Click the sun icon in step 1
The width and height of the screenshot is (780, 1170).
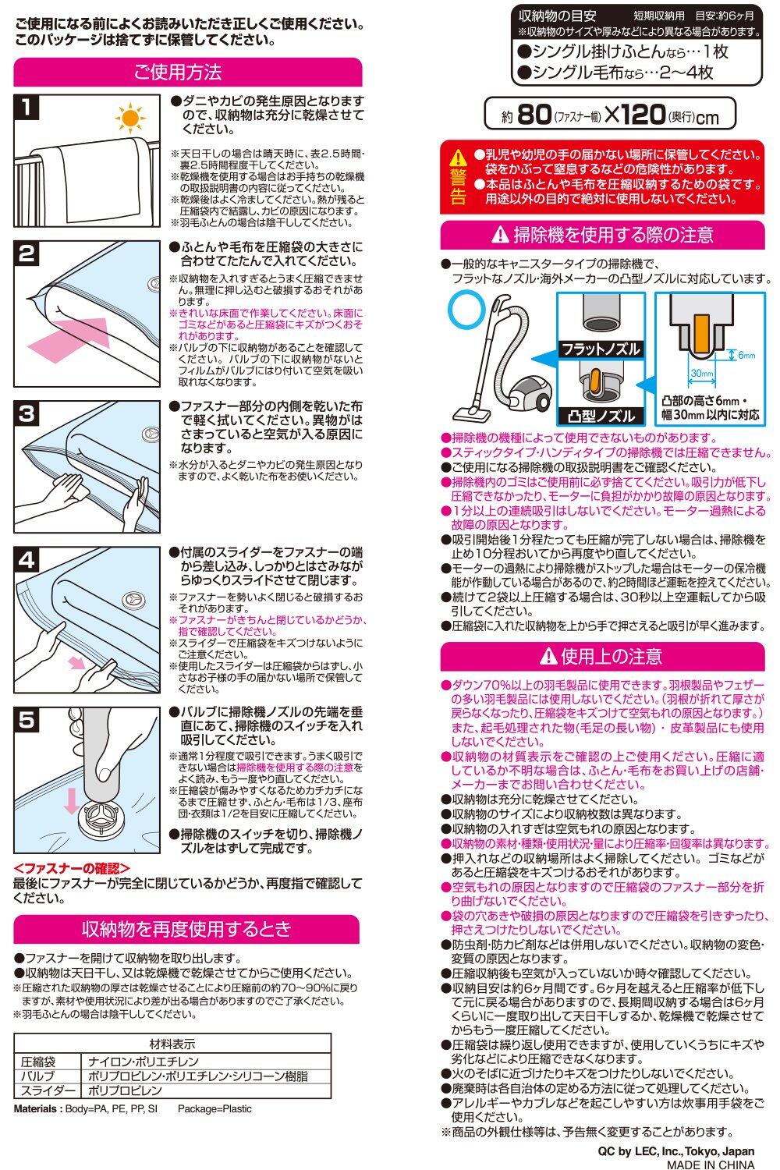point(129,118)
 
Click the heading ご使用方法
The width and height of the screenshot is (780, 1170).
point(178,72)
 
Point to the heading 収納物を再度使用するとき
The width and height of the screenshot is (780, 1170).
point(186,929)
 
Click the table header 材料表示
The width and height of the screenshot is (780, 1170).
point(172,1044)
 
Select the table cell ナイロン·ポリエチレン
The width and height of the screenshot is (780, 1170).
point(144,1062)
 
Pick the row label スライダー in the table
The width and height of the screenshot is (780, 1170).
point(47,1090)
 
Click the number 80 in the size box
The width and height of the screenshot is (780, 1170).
point(534,114)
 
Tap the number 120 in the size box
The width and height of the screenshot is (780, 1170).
point(642,114)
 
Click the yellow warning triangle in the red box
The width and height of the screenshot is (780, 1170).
point(458,158)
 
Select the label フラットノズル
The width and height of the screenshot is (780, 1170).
point(601,349)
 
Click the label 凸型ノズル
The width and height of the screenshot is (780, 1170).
point(601,417)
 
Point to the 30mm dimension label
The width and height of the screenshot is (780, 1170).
point(702,373)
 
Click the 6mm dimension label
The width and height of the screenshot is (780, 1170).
point(746,355)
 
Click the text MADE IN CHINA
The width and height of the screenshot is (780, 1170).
point(711,1165)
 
